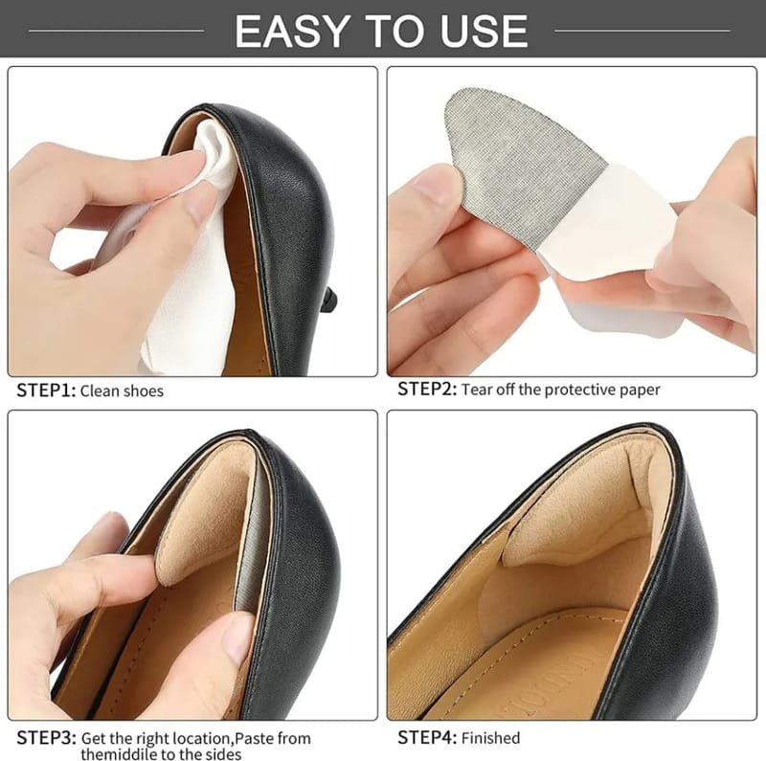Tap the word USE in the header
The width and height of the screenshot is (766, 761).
click(484, 31)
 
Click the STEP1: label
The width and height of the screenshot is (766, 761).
click(46, 391)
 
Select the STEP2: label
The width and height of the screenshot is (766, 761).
click(427, 390)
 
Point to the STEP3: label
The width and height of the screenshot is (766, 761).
click(46, 738)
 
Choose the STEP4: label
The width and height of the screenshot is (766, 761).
click(427, 737)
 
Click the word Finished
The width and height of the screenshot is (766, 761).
click(490, 738)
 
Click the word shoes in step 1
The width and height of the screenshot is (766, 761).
click(143, 392)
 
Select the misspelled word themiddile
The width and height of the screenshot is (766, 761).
click(122, 753)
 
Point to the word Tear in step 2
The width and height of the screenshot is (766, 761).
click(477, 390)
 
